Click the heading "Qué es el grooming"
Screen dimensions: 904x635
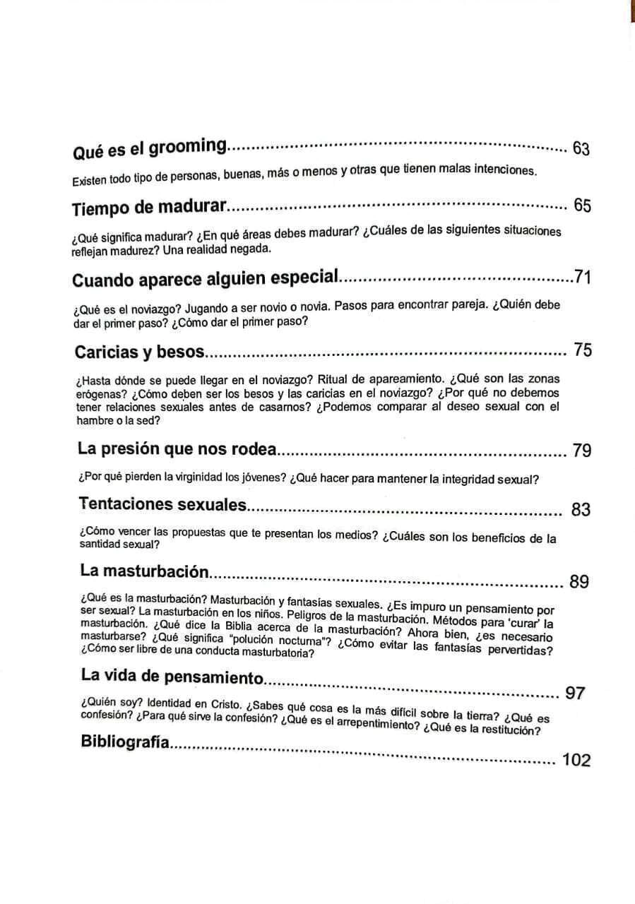point(150,149)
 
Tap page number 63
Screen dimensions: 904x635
point(581,149)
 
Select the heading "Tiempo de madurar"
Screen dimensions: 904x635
point(149,208)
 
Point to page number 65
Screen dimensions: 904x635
point(582,206)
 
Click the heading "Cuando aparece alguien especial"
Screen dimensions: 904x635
point(206,278)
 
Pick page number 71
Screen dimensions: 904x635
point(582,278)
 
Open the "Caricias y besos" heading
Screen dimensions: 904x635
point(139,352)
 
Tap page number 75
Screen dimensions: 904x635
point(583,350)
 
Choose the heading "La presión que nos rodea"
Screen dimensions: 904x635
point(178,449)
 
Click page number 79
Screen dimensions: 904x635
point(582,451)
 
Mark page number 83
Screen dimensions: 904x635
point(581,509)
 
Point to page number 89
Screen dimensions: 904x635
point(578,582)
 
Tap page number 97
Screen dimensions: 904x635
point(575,693)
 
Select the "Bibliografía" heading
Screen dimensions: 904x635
point(126,742)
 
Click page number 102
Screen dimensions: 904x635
point(576,760)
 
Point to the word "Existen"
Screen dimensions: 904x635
point(88,181)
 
